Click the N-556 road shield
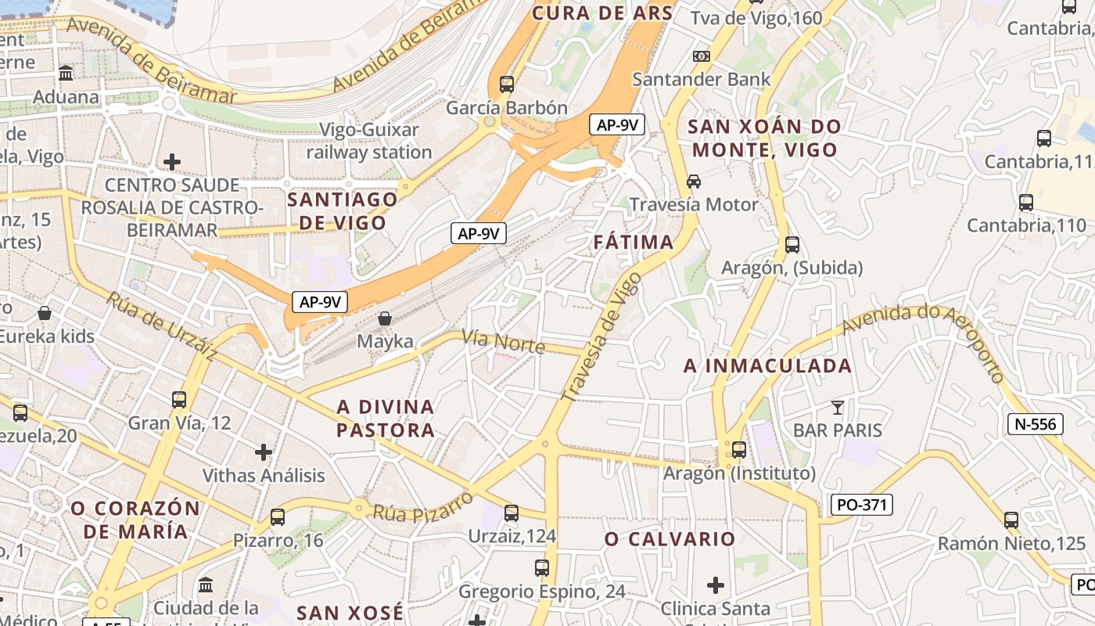(x=1036, y=424)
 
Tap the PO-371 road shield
(x=861, y=505)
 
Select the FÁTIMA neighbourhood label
(x=634, y=242)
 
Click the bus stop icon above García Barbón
(x=507, y=84)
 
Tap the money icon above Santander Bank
(x=702, y=56)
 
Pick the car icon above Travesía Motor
(x=694, y=181)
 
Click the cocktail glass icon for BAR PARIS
(x=838, y=407)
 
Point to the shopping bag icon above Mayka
(x=385, y=318)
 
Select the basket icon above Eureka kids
(x=45, y=313)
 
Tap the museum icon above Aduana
(x=66, y=74)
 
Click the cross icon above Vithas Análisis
(x=264, y=452)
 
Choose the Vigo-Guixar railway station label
(x=369, y=141)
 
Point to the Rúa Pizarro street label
(x=423, y=506)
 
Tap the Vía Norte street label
(x=502, y=340)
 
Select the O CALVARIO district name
(x=670, y=538)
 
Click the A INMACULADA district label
(x=767, y=365)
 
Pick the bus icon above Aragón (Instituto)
(x=739, y=450)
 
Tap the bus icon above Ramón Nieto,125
(x=1011, y=520)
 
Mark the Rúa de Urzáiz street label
(x=162, y=326)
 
